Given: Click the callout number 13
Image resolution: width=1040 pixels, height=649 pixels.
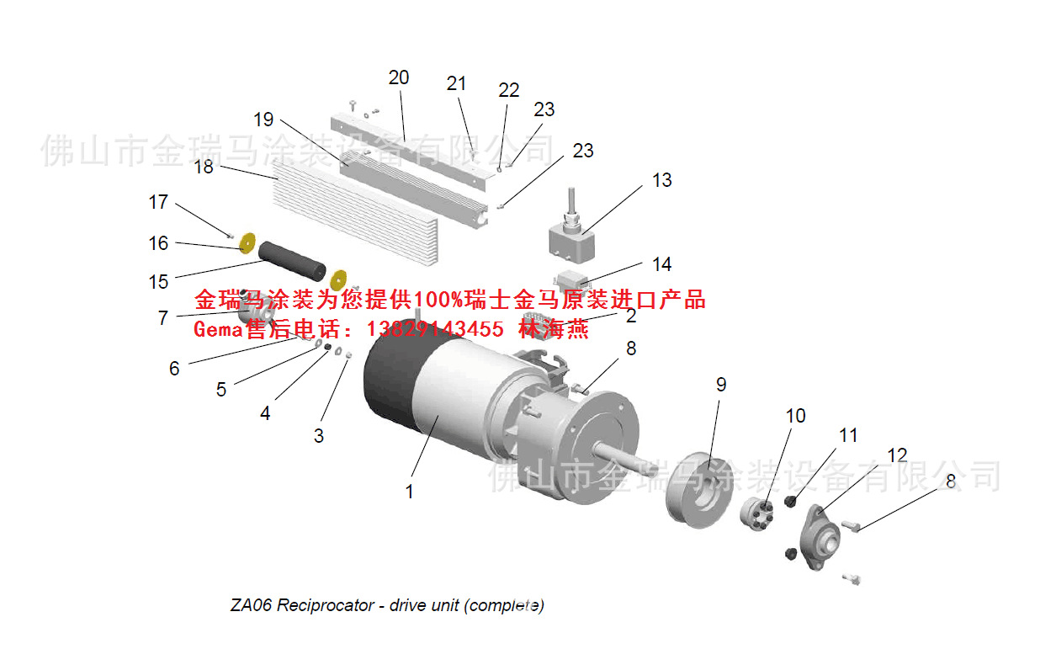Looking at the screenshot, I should pos(662,180).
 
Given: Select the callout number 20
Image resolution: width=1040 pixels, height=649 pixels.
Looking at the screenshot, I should pos(399,77).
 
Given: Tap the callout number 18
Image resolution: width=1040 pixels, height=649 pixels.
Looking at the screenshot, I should pos(204,167).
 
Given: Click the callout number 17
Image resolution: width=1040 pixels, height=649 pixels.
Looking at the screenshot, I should pos(158,203).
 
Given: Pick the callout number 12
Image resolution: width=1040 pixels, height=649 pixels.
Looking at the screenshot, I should pos(897,455).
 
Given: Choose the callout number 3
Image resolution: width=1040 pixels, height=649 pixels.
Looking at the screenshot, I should pos(319,436).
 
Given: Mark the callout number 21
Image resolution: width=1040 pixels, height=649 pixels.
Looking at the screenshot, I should pos(456,83).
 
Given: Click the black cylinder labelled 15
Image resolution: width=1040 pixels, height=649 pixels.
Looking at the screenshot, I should pos(292,260).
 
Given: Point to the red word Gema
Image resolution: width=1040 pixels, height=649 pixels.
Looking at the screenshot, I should pos(218,329).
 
